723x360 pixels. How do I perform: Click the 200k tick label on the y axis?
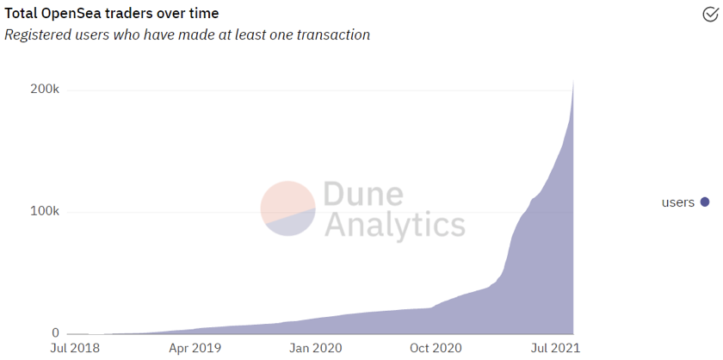tap(43, 90)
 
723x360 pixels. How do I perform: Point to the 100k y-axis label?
tap(43, 212)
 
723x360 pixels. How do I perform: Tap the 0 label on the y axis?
tap(55, 333)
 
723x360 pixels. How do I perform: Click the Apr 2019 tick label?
tap(194, 349)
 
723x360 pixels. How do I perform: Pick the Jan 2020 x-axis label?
tap(315, 349)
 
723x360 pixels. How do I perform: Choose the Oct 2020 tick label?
tap(436, 349)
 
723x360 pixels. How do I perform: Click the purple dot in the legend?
tap(705, 202)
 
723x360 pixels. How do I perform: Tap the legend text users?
tap(677, 202)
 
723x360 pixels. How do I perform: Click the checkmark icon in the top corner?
tap(709, 13)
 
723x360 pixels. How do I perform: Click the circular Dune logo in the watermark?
tap(288, 208)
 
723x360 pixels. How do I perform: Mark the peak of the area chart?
tap(573, 80)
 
